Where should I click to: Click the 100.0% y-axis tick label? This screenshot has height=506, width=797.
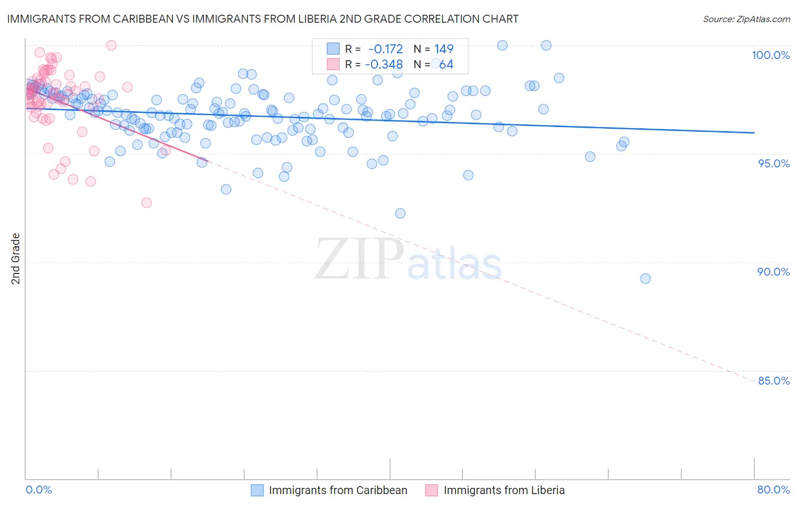(x=770, y=55)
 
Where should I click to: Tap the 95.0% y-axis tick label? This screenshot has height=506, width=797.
(x=773, y=163)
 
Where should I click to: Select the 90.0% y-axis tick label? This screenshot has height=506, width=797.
(x=773, y=272)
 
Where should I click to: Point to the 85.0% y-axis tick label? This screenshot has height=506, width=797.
(x=773, y=381)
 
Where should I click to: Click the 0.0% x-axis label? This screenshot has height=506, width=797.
(x=39, y=490)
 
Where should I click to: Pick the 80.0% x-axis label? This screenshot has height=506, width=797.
(x=773, y=490)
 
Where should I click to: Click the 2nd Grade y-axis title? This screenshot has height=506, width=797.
(x=16, y=259)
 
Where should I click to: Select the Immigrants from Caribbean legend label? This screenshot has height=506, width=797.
(x=338, y=490)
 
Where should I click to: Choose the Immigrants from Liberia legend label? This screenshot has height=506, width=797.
(x=504, y=490)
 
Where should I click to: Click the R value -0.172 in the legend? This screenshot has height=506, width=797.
(x=385, y=49)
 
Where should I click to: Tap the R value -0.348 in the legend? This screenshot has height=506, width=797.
(x=384, y=65)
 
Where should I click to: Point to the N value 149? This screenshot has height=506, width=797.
(x=444, y=49)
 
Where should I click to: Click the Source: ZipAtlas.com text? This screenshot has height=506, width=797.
(x=746, y=19)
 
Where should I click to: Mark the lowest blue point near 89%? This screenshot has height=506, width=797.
(x=645, y=279)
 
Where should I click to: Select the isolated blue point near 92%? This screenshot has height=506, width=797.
(x=400, y=213)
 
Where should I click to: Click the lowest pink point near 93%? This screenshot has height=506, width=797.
(x=147, y=203)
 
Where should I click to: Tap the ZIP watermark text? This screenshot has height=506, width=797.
(x=359, y=259)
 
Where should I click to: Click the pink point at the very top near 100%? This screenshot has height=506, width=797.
(x=111, y=45)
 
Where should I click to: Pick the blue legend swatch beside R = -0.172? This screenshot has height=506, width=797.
(x=333, y=49)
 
